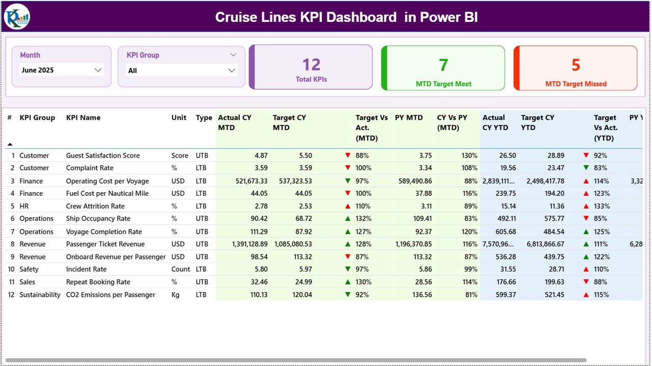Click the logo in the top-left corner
(x=17, y=17)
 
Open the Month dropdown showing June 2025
(x=98, y=70)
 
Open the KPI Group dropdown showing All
(x=231, y=70)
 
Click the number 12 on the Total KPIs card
(x=311, y=65)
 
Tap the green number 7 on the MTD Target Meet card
(x=443, y=65)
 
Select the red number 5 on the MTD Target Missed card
(x=576, y=65)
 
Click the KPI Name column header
(x=84, y=118)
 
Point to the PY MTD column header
(x=409, y=118)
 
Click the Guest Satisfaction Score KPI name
(x=103, y=155)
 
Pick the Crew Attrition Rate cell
(x=95, y=206)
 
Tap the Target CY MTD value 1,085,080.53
(x=293, y=244)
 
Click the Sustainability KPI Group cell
(x=40, y=295)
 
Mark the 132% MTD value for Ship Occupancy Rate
(x=364, y=219)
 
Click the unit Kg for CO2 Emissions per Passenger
(x=176, y=295)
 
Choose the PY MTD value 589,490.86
(x=413, y=181)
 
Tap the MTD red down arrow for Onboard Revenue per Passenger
(x=347, y=257)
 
